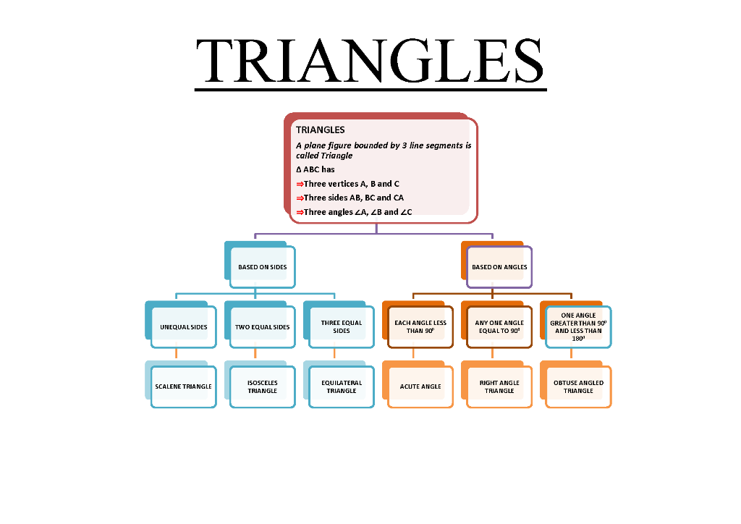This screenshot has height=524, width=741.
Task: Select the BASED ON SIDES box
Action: [x=262, y=267]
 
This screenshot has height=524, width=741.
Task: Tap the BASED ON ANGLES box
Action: [x=499, y=267]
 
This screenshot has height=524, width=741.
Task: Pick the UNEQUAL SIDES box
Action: [x=183, y=327]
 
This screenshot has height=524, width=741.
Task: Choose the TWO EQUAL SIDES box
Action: [x=262, y=327]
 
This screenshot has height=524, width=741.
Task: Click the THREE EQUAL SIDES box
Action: [x=341, y=327]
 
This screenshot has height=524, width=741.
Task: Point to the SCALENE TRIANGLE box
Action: [x=183, y=386]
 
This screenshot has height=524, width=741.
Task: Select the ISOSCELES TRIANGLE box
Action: [x=262, y=386]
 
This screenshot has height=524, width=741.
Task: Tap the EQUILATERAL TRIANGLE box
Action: [x=341, y=386]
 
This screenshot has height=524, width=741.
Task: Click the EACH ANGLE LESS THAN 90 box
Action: [x=420, y=327]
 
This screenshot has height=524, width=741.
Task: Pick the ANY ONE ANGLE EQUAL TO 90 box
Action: [x=499, y=327]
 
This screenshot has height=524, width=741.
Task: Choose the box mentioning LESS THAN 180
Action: [x=578, y=327]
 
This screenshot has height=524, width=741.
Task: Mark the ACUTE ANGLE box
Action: [x=420, y=386]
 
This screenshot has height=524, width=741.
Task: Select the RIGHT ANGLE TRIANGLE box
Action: [x=499, y=386]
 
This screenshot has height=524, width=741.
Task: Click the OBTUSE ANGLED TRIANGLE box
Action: [x=578, y=386]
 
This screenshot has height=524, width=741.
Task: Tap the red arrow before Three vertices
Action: [x=300, y=185]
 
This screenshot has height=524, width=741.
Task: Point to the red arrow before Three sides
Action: [x=300, y=198]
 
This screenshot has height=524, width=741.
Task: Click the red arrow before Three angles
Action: [x=300, y=213]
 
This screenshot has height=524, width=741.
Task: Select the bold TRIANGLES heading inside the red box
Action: [x=320, y=130]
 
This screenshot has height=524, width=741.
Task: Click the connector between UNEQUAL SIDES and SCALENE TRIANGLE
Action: [x=177, y=354]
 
